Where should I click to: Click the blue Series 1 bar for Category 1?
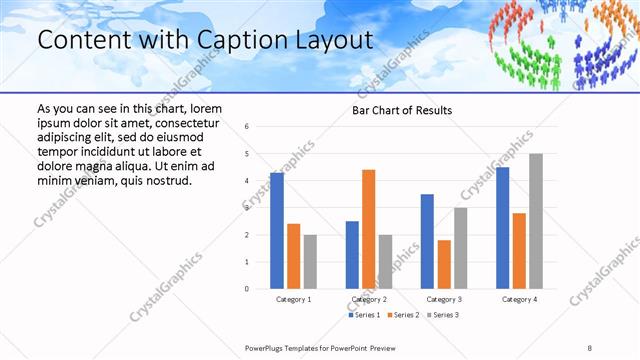[x=277, y=231]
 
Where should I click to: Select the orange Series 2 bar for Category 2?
[x=369, y=229]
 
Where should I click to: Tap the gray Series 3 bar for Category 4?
[x=536, y=221]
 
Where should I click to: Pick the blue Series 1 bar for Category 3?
[x=427, y=241]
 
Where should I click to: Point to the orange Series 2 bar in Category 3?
[x=444, y=264]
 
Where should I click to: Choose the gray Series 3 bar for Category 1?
[x=310, y=262]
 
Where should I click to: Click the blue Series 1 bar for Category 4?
[x=503, y=228]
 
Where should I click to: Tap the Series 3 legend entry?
[x=444, y=315]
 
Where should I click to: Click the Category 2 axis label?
[x=369, y=299]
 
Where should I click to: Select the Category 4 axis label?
[x=519, y=299]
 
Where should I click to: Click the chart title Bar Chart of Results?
[x=401, y=110]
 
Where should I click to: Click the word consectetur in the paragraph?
[x=187, y=121]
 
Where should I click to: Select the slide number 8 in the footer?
[x=589, y=347]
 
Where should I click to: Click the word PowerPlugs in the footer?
[x=269, y=347]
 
